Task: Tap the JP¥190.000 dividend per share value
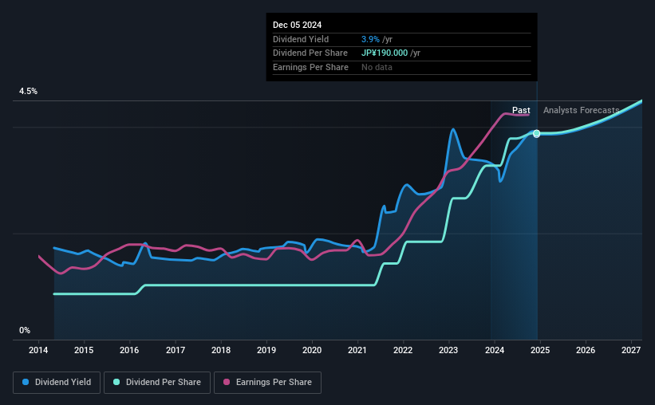tap(385, 53)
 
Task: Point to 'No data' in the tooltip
tap(377, 68)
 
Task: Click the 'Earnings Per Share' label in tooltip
tap(310, 68)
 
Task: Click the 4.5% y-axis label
tap(28, 92)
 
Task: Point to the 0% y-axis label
tap(25, 330)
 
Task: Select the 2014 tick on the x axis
tap(38, 351)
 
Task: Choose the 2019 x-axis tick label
tap(266, 351)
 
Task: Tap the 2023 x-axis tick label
tap(448, 351)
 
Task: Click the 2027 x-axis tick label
tap(630, 351)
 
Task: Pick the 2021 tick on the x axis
tap(357, 351)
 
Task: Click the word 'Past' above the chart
tap(521, 111)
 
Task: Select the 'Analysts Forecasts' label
tap(581, 111)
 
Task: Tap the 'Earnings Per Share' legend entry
tap(268, 383)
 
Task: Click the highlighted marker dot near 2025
tap(537, 133)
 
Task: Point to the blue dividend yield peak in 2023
tap(453, 129)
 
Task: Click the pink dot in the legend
tap(226, 383)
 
